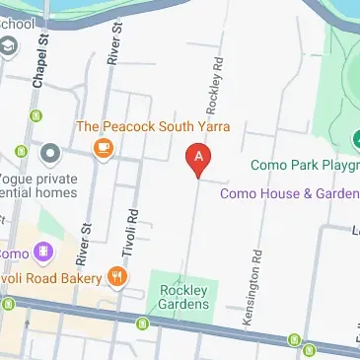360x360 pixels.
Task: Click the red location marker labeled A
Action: tap(199, 158)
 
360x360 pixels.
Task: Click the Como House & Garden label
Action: tap(288, 193)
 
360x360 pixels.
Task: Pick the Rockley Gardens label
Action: tap(184, 297)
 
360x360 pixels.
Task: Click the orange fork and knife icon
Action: tap(118, 277)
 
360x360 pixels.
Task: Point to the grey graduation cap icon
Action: tap(9, 46)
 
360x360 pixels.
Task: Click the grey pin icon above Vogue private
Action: tap(49, 152)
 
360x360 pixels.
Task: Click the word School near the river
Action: tap(22, 22)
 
